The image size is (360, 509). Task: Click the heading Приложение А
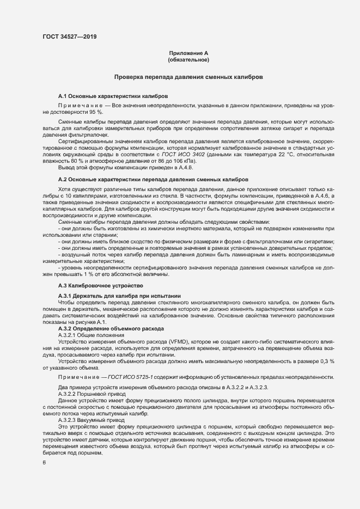click(188, 53)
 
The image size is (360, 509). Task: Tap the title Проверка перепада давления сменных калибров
click(188, 77)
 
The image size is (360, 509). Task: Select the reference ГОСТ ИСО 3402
click(191, 154)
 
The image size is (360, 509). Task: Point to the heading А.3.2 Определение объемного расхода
click(111, 329)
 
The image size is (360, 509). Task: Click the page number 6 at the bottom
click(44, 462)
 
